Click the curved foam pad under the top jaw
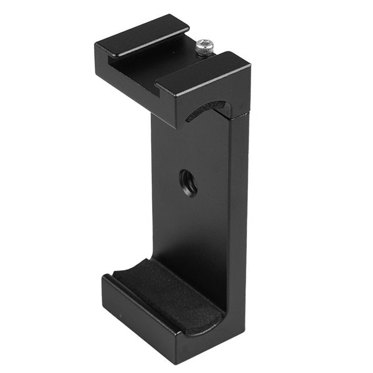(205, 110)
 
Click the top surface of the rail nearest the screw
(205, 68)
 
